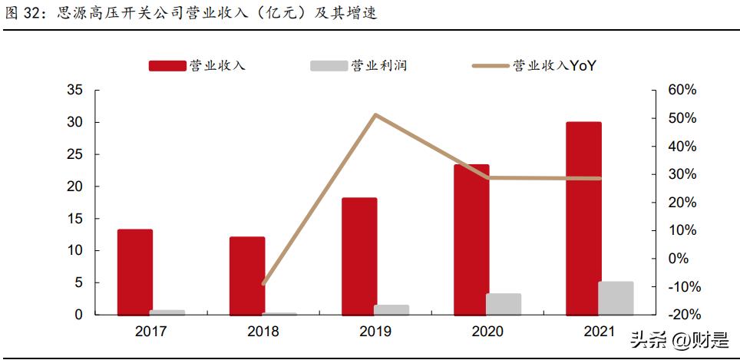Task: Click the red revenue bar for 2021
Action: (583, 219)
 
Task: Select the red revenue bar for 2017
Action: (135, 272)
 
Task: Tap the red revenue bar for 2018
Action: (247, 276)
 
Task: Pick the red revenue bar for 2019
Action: (359, 256)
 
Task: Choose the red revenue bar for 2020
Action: (471, 239)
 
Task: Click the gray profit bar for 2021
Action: (616, 299)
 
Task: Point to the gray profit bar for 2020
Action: (504, 304)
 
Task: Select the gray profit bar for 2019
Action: (391, 310)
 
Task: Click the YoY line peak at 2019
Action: (375, 115)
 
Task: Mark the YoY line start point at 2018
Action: (263, 284)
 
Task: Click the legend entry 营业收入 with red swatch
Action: (197, 66)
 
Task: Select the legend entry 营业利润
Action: (358, 66)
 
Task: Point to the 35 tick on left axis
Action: (74, 90)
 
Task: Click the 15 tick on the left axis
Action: (74, 219)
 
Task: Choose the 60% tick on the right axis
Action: (682, 90)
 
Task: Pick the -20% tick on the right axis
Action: (682, 315)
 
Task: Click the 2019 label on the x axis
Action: (375, 332)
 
